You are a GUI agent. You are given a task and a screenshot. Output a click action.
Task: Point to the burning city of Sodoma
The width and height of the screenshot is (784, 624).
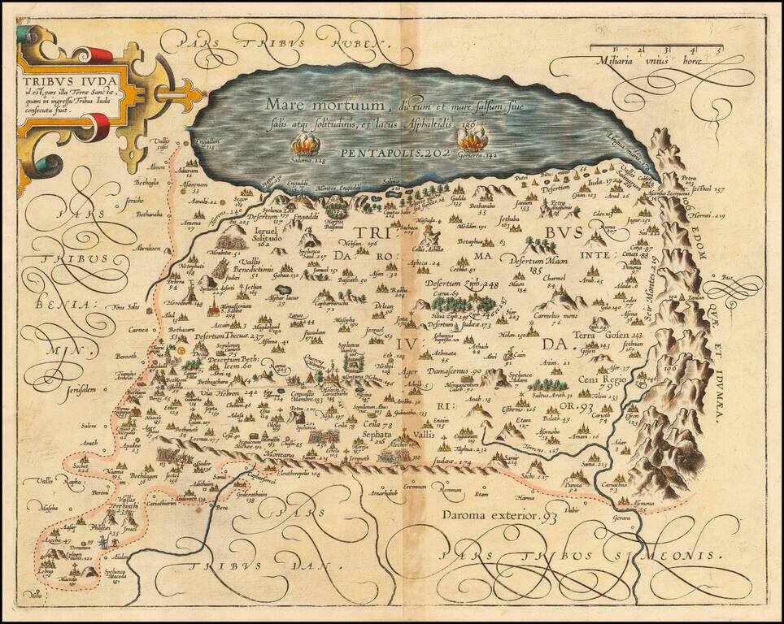307,146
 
